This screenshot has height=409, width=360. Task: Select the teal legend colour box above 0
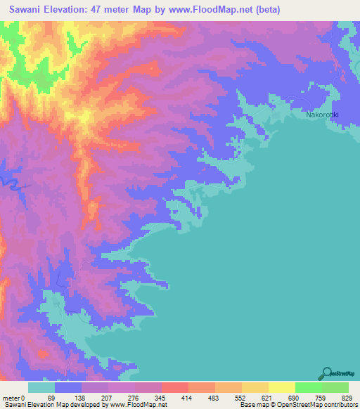(x=41, y=387)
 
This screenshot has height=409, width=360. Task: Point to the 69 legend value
(x=51, y=398)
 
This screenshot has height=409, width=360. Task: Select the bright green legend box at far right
(x=335, y=387)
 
